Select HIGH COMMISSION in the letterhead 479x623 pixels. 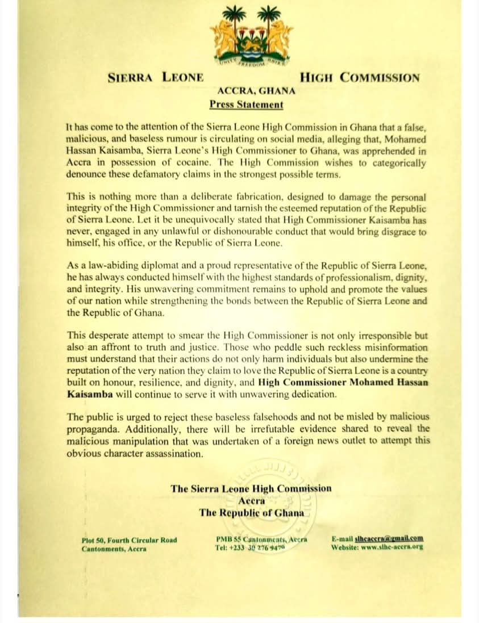359,78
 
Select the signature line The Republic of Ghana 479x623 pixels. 251,512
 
